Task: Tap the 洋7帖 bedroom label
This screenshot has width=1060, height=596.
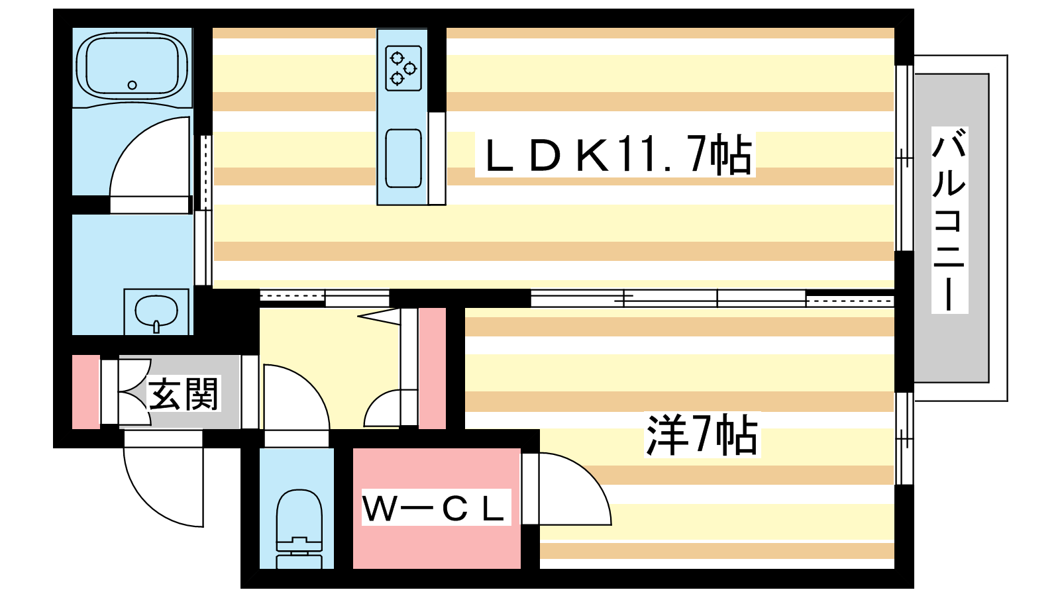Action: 702,434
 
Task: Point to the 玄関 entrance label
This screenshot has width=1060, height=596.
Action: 183,393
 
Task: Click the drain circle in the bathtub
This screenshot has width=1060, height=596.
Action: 132,85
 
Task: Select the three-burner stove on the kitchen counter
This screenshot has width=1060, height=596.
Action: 403,68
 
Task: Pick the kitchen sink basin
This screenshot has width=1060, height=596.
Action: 403,158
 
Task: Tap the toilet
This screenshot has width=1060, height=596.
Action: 299,529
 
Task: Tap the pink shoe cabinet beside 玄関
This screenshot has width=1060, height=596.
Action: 85,391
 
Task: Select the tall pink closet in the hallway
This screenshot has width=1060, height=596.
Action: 432,368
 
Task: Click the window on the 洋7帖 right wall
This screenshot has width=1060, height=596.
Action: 904,438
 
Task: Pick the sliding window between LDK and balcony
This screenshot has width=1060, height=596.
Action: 904,158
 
